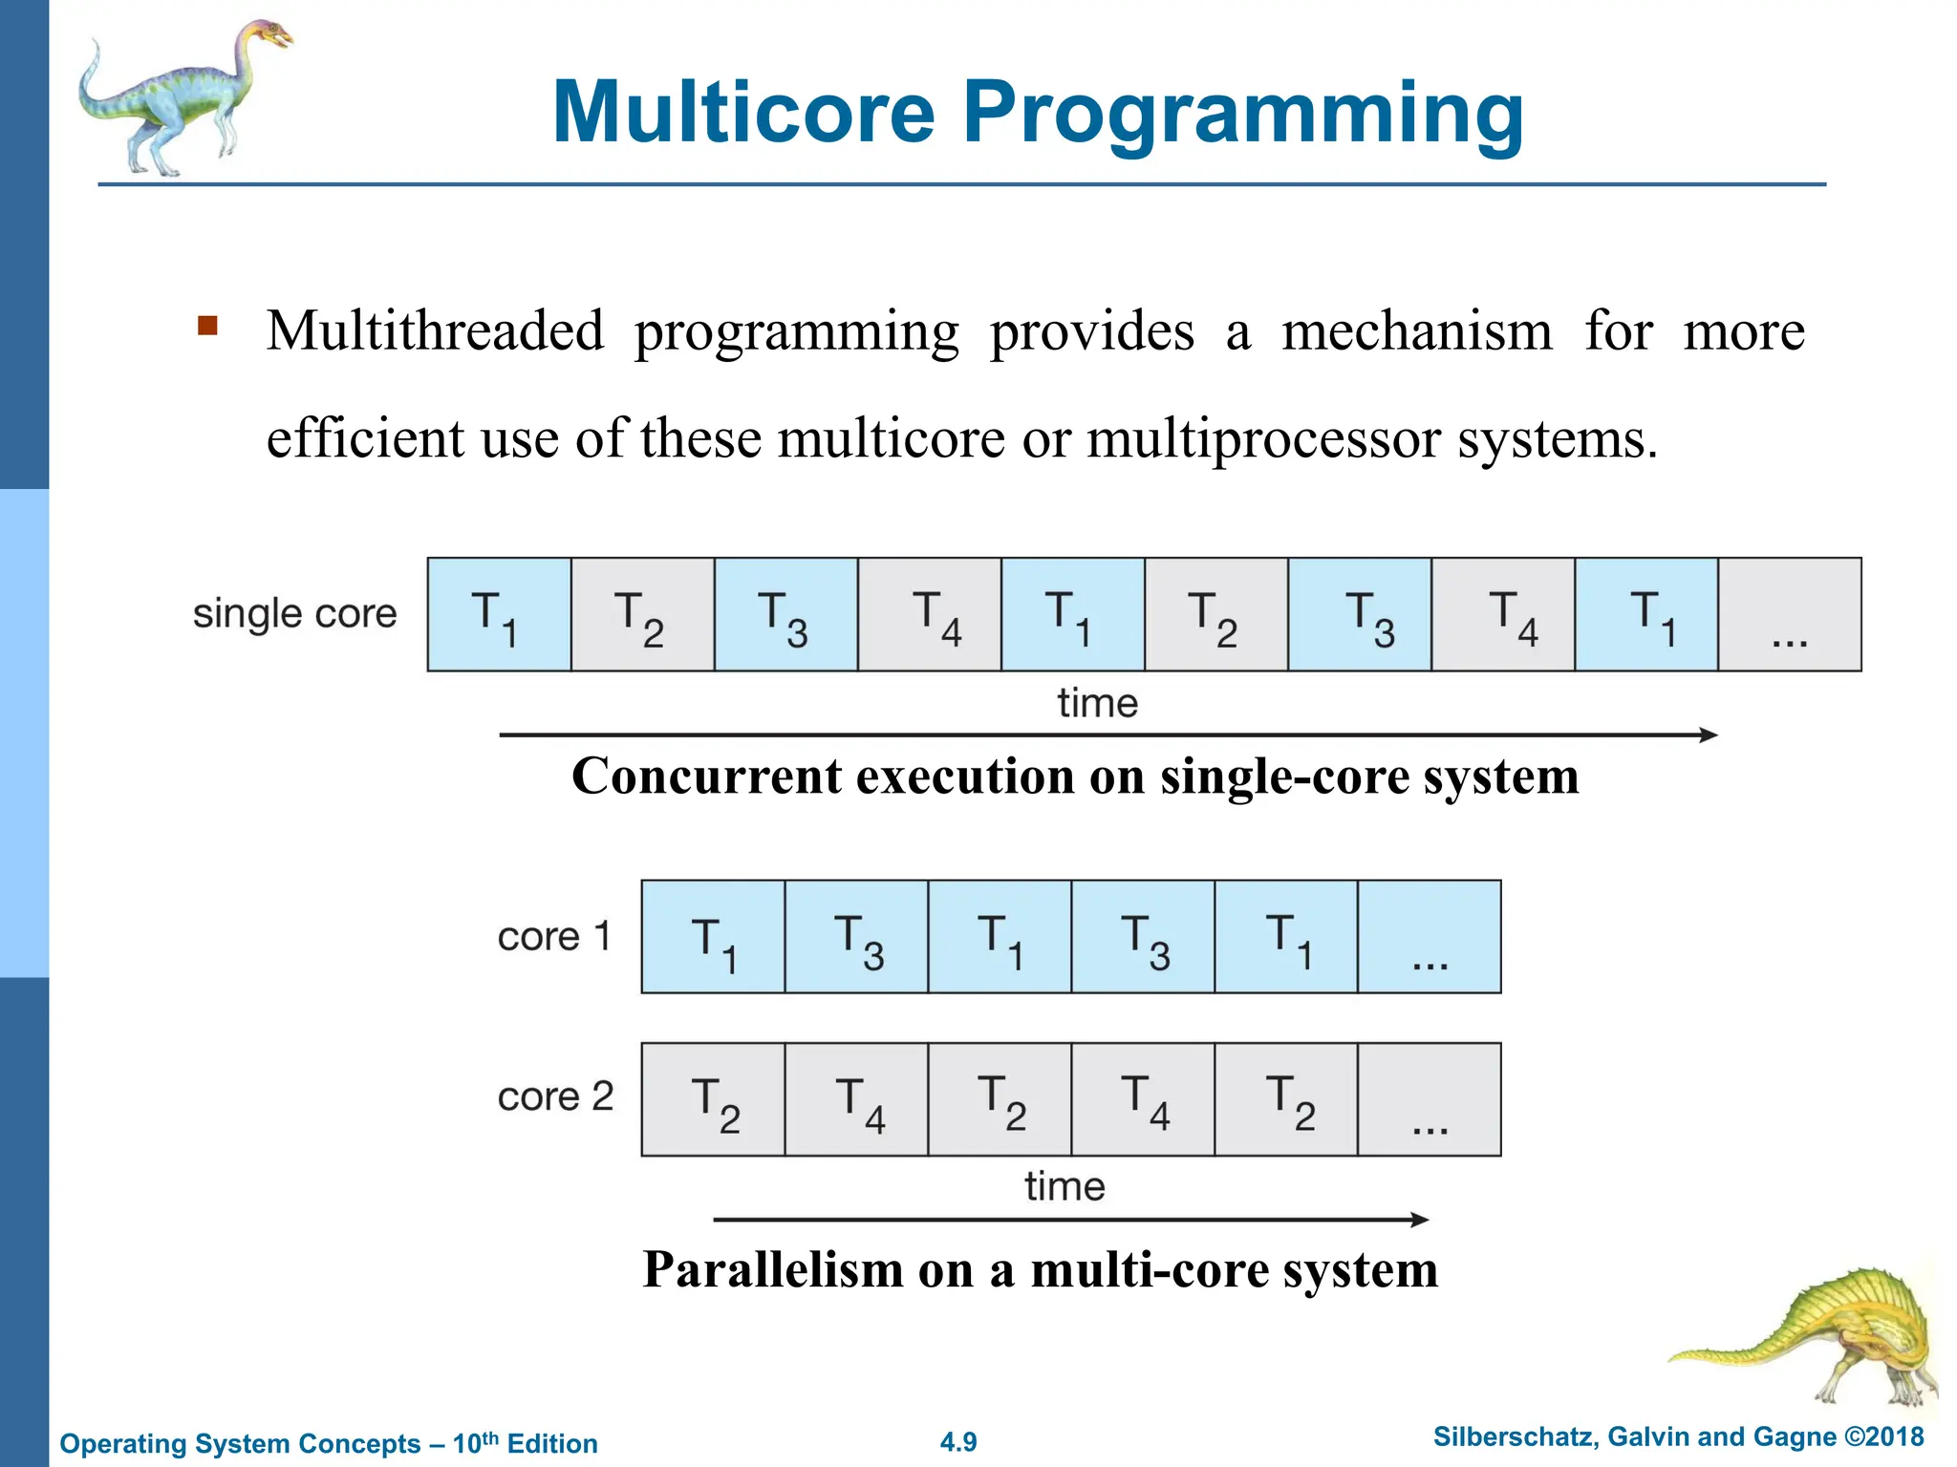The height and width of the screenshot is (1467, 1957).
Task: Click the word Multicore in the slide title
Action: click(743, 112)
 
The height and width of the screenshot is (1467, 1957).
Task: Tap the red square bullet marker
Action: click(207, 327)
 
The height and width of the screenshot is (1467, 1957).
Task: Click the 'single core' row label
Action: click(294, 613)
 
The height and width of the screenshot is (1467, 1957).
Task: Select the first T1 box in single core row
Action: click(499, 615)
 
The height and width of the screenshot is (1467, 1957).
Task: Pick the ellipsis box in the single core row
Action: click(1789, 615)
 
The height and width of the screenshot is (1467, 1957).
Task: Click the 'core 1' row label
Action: click(553, 936)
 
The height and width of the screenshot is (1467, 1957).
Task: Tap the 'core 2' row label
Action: click(555, 1096)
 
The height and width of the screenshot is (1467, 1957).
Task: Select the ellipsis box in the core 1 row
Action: click(1429, 937)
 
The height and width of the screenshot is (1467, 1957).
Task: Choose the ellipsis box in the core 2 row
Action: click(1429, 1099)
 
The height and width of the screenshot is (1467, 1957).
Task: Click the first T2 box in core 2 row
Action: click(713, 1099)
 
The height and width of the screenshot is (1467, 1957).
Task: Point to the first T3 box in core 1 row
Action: click(856, 937)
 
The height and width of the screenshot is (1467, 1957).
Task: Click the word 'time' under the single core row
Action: click(1097, 704)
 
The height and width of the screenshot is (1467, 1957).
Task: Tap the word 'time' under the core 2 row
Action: click(1065, 1187)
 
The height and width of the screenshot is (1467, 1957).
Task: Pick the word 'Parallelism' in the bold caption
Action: click(772, 1270)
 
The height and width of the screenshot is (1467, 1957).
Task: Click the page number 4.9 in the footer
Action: click(958, 1442)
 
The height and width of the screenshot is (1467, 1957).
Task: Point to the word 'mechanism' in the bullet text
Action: click(1416, 331)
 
